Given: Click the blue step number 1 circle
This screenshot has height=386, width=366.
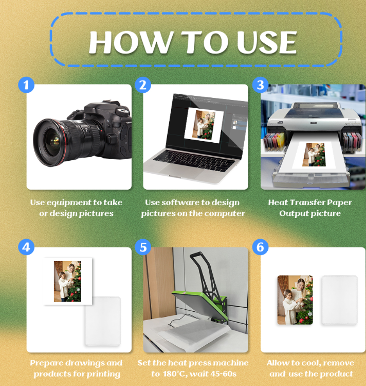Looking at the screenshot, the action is click(x=26, y=85).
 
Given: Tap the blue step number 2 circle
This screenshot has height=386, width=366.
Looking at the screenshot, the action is click(x=143, y=85).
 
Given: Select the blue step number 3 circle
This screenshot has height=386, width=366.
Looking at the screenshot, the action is click(x=260, y=85).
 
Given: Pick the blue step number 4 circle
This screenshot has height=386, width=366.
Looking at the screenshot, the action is click(x=26, y=247).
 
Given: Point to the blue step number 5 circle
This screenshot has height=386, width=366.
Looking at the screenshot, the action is click(x=143, y=247).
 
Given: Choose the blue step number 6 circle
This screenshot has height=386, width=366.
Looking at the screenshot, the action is click(x=260, y=247).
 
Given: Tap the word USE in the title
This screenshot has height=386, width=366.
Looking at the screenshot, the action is click(x=267, y=42).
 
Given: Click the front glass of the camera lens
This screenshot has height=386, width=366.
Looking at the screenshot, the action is click(x=51, y=142).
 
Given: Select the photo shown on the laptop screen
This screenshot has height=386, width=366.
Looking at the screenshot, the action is click(x=204, y=125).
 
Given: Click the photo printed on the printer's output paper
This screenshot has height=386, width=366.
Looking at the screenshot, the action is click(x=314, y=155).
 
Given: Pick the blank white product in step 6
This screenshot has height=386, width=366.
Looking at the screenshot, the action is click(x=340, y=300).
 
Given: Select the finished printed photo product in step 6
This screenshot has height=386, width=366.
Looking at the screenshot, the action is click(x=295, y=300).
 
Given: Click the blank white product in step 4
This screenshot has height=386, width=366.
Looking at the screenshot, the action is click(x=103, y=321).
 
